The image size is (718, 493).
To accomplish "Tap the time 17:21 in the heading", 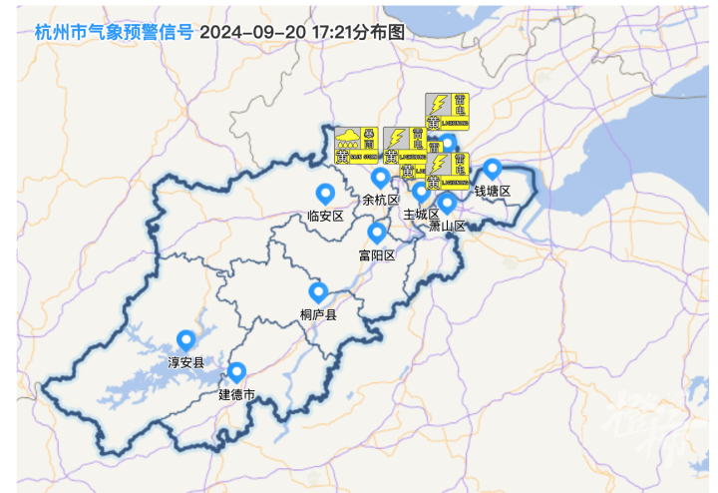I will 333,31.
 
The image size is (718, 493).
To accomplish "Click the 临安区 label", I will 325,216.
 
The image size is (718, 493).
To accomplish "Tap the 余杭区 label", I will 381,200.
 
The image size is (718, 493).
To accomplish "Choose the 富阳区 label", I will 377,255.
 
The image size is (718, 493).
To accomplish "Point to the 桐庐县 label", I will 319,314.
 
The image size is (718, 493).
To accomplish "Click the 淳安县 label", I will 185,362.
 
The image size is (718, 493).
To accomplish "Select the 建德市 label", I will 237,394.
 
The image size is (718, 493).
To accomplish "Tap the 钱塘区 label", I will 492,191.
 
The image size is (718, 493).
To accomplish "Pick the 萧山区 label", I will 448,226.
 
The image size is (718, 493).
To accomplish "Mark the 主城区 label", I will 421,214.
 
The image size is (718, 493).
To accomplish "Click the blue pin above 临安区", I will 324,194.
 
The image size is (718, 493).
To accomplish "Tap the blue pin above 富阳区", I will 377,234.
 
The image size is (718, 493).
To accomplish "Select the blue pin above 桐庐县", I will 319,292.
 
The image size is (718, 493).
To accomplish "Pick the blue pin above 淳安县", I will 185,340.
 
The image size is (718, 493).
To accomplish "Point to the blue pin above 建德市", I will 237,372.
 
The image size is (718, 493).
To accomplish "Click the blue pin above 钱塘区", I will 492,169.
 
